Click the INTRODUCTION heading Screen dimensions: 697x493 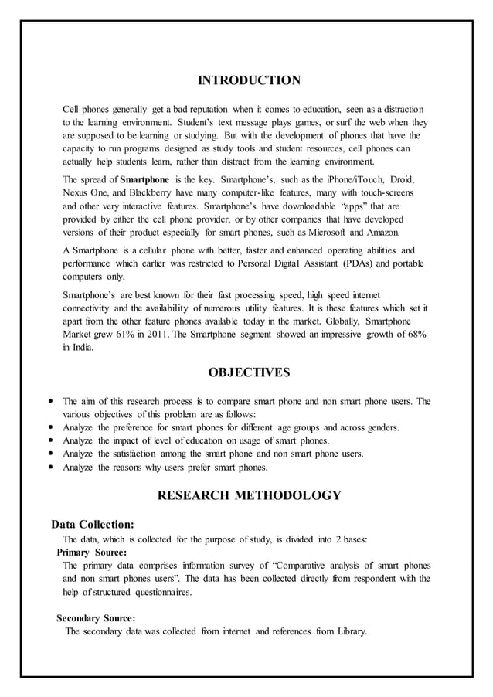pos(249,80)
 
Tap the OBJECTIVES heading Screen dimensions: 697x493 pos(249,373)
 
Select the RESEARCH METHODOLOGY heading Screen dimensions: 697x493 pos(249,495)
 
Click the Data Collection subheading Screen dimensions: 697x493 pos(92,523)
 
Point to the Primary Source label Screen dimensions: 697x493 pos(92,552)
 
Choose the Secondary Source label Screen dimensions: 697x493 pos(97,617)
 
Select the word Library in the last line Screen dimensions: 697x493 pos(351,631)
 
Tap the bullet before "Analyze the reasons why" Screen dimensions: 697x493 pos(50,467)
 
